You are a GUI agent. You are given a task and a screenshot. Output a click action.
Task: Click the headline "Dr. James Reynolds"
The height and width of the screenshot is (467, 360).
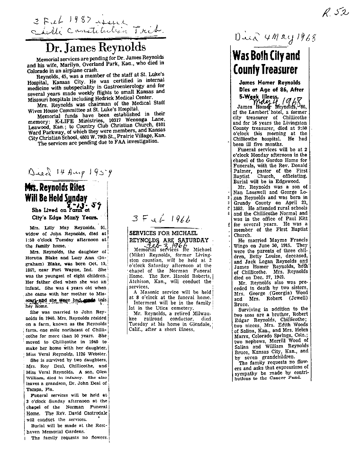[95, 47]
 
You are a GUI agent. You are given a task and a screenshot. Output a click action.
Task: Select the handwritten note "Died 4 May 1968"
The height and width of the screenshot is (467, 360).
[275, 38]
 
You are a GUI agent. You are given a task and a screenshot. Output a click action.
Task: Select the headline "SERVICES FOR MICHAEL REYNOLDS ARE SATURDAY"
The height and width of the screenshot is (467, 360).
[168, 238]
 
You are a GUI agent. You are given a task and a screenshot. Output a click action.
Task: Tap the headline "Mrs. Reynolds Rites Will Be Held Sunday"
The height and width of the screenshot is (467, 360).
[57, 192]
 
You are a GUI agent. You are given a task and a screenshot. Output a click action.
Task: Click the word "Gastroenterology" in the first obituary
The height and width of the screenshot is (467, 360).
[124, 86]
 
